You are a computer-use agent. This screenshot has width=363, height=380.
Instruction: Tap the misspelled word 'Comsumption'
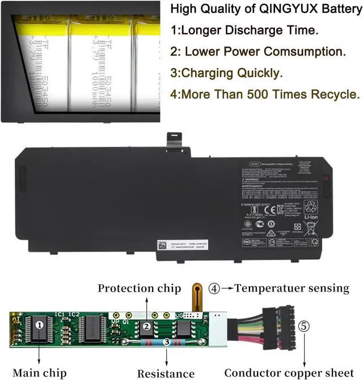pyautogui.click(x=302, y=51)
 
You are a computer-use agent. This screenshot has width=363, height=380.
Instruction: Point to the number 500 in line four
pyautogui.click(x=261, y=94)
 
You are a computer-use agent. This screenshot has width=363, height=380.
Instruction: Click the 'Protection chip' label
pyautogui.click(x=139, y=288)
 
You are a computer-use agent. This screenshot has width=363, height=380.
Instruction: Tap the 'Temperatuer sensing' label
pyautogui.click(x=292, y=288)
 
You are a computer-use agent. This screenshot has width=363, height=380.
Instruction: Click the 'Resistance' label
pyautogui.click(x=166, y=373)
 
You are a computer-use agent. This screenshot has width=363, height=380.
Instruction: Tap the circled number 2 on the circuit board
pyautogui.click(x=146, y=326)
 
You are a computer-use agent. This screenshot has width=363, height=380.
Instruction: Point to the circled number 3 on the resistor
pyautogui.click(x=166, y=341)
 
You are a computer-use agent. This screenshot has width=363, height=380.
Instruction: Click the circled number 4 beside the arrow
pyautogui.click(x=214, y=288)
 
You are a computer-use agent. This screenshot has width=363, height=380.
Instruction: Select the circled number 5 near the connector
pyautogui.click(x=305, y=326)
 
